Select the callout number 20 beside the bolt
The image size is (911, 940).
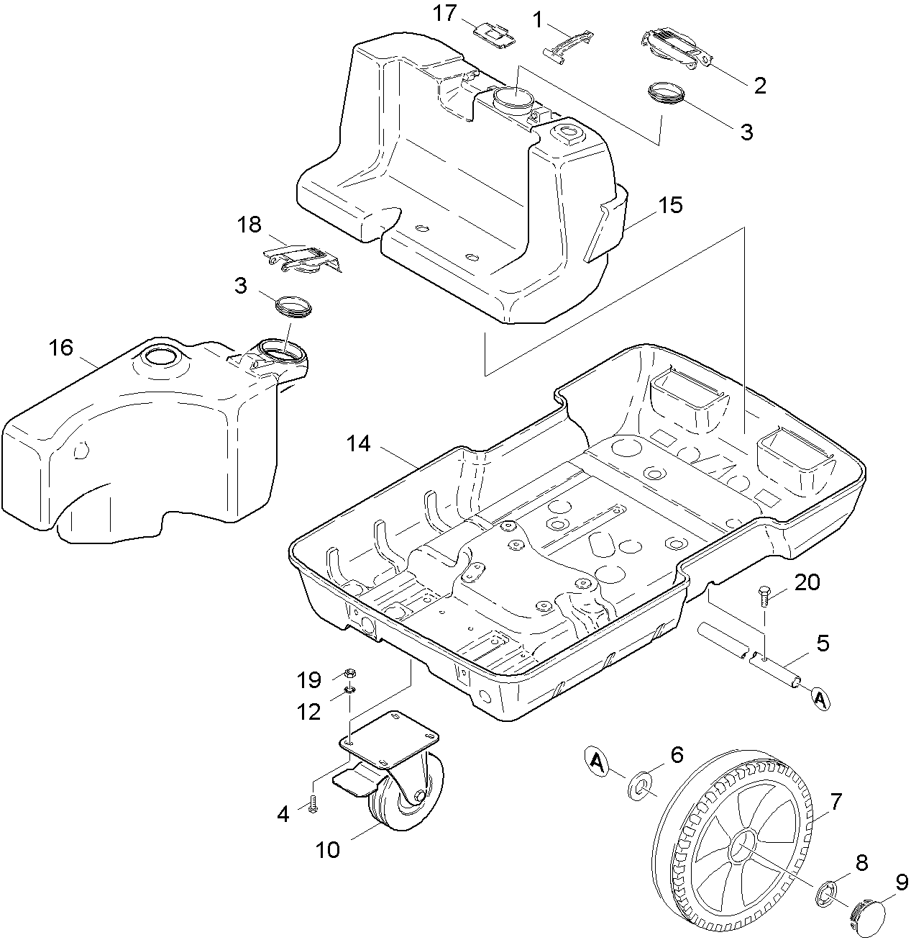807,582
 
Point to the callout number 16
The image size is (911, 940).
61,348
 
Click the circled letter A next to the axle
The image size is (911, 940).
820,699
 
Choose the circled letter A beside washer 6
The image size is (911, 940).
596,760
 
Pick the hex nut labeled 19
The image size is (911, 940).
349,674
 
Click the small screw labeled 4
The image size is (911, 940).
313,804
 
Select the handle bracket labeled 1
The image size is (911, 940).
570,45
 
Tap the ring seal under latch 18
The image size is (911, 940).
295,305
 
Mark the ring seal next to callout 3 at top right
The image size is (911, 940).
667,94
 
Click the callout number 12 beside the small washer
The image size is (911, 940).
311,712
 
